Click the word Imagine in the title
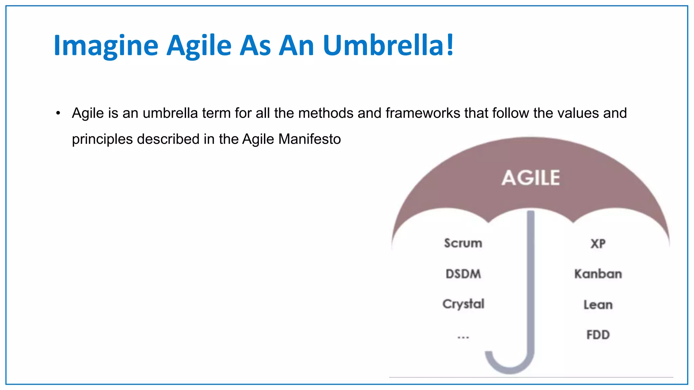pyautogui.click(x=106, y=46)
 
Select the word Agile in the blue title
pyautogui.click(x=199, y=46)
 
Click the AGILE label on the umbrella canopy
pyautogui.click(x=531, y=178)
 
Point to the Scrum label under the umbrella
pyautogui.click(x=463, y=243)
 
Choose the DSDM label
pyautogui.click(x=463, y=274)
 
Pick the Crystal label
pyautogui.click(x=463, y=304)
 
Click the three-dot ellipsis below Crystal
pyautogui.click(x=463, y=337)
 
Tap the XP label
pyautogui.click(x=598, y=243)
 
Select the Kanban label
pyautogui.click(x=598, y=274)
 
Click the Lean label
pyautogui.click(x=598, y=305)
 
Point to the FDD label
pyautogui.click(x=598, y=335)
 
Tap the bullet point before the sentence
pyautogui.click(x=58, y=113)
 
